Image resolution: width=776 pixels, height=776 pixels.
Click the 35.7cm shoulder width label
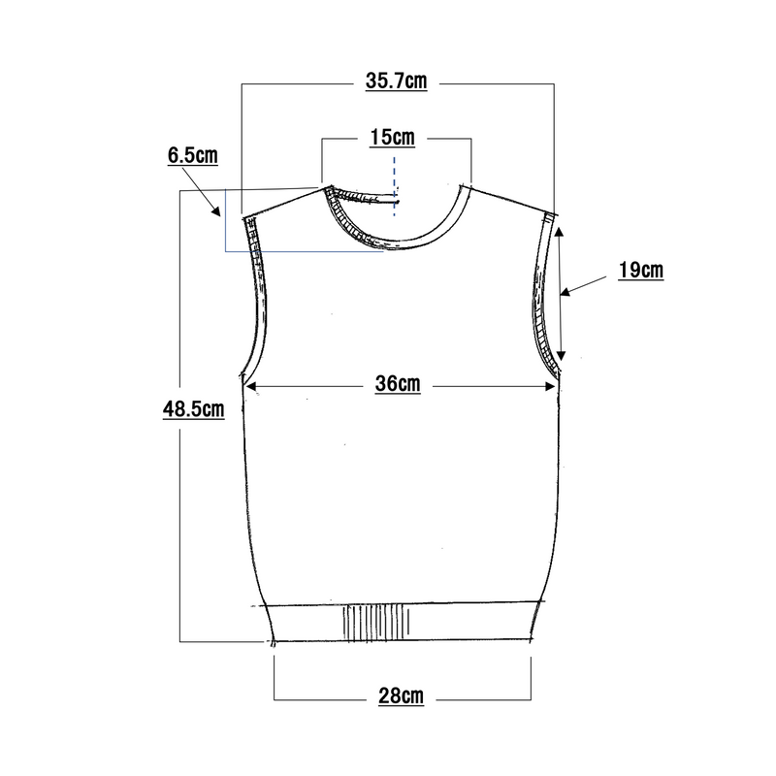pyautogui.click(x=396, y=81)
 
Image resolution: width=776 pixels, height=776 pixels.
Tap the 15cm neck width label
pyautogui.click(x=393, y=138)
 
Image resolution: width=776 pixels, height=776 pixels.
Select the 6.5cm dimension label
pyautogui.click(x=192, y=155)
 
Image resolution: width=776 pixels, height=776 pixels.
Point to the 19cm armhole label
pyautogui.click(x=641, y=271)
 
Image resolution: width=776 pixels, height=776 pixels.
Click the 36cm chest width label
pyautogui.click(x=398, y=384)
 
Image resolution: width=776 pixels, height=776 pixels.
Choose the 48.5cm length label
pyautogui.click(x=193, y=409)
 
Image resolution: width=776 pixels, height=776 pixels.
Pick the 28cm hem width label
pyautogui.click(x=401, y=695)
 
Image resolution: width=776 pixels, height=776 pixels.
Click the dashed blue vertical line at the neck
pyautogui.click(x=395, y=186)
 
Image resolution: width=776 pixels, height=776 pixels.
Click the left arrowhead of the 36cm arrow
pyautogui.click(x=251, y=386)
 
